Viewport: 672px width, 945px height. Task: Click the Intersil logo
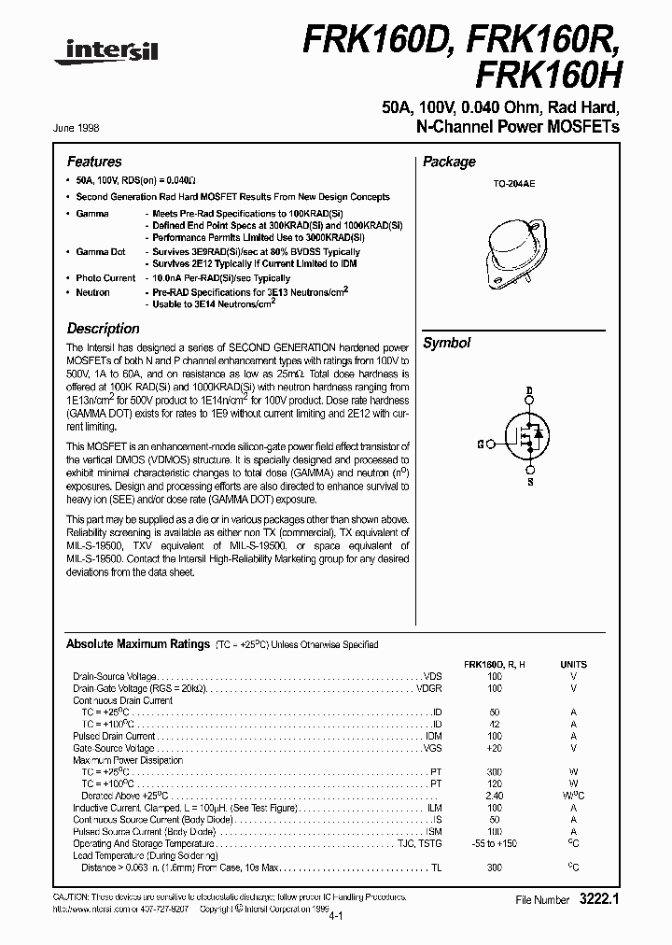point(105,55)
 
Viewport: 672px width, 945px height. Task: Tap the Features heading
point(94,162)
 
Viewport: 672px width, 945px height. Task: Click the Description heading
point(104,329)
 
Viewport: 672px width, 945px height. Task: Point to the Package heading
point(449,162)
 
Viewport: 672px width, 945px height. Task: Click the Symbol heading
point(447,343)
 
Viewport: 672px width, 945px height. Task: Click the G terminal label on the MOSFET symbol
point(480,444)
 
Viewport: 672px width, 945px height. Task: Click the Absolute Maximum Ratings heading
point(137,644)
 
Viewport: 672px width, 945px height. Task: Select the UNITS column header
point(573,664)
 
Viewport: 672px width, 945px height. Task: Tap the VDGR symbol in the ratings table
point(429,688)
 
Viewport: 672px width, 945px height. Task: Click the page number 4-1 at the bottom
point(336,918)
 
